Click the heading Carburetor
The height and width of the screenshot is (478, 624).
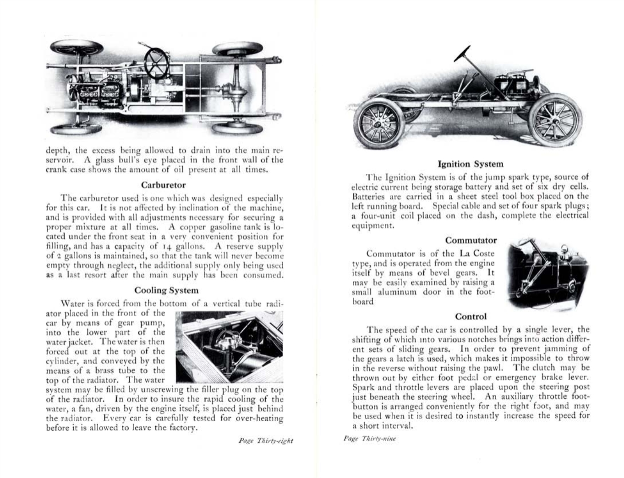click(163, 185)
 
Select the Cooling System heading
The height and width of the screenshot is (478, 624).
click(166, 290)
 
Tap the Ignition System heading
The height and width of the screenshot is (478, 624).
click(470, 164)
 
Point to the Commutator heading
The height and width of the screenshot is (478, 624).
click(471, 240)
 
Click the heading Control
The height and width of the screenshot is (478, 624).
click(471, 317)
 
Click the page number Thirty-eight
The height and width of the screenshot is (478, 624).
click(265, 441)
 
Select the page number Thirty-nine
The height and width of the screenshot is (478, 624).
click(370, 439)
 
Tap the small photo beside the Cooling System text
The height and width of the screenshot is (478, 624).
click(229, 347)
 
